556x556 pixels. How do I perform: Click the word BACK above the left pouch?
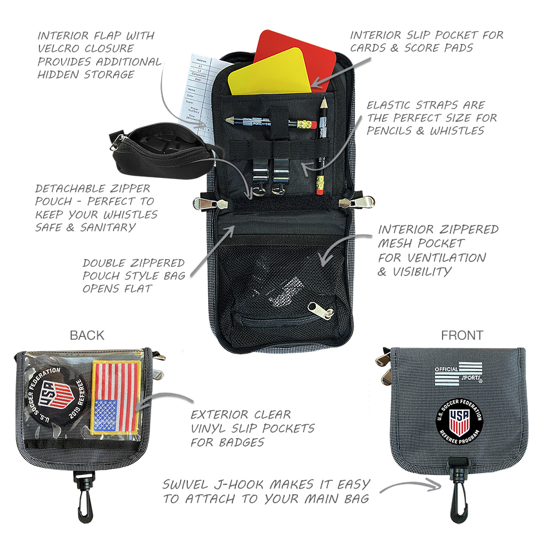(x=87, y=335)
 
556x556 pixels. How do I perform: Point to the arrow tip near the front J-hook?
(x=441, y=489)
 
